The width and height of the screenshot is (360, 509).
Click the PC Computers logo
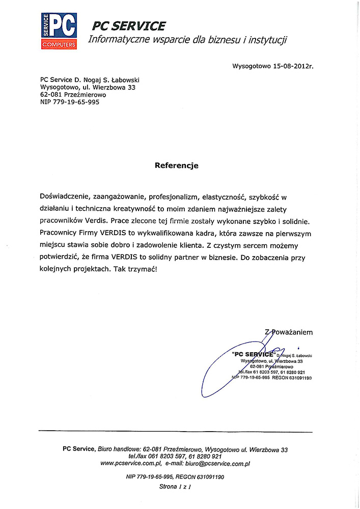pos(59,30)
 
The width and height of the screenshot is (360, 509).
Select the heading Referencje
pos(177,165)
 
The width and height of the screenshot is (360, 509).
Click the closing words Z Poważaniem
pos(289,332)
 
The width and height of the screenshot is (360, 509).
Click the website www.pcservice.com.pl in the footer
pos(131,464)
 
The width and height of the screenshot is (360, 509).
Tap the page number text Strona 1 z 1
pos(175,487)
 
